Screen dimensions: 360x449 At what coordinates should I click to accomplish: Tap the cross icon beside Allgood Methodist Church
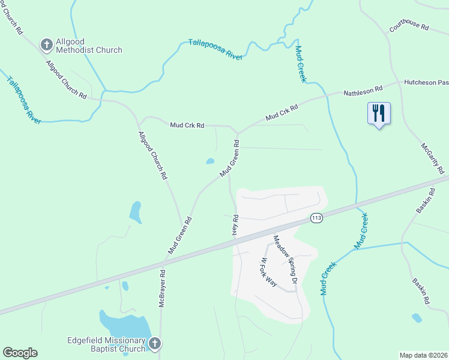46,44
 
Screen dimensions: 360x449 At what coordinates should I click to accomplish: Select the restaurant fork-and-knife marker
378,113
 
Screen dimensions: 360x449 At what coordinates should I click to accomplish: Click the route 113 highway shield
317,218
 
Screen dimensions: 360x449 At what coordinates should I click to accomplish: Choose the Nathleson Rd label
363,91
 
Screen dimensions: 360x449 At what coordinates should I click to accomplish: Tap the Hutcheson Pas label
426,82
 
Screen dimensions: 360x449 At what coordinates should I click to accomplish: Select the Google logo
20,353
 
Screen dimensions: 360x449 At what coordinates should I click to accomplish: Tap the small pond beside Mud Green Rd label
210,161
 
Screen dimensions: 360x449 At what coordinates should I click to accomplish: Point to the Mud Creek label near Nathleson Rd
301,64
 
